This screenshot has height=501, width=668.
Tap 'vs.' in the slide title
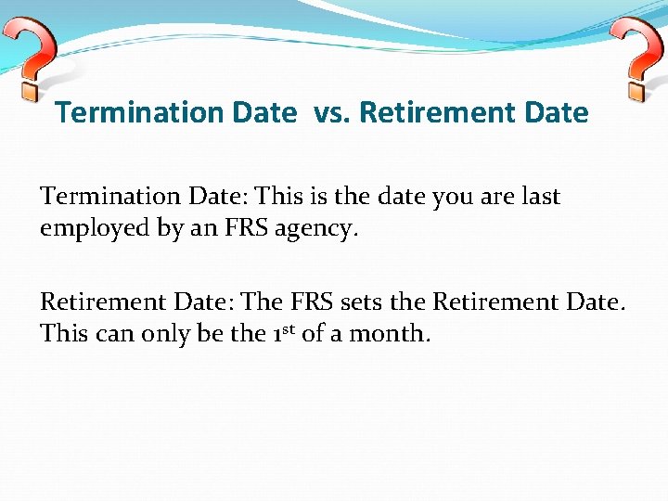[328, 113]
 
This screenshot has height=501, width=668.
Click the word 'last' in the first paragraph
[541, 197]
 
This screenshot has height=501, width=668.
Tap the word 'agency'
[316, 229]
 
